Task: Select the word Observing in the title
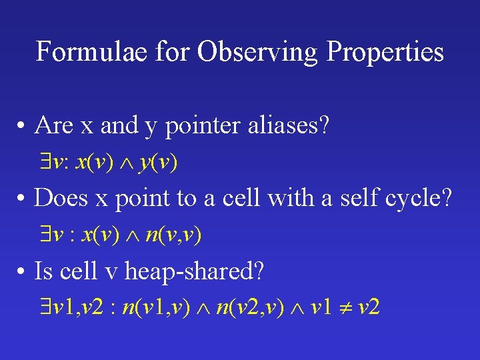click(235, 51)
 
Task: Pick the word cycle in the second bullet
click(419, 198)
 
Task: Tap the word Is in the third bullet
click(44, 271)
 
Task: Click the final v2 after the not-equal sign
click(369, 308)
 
